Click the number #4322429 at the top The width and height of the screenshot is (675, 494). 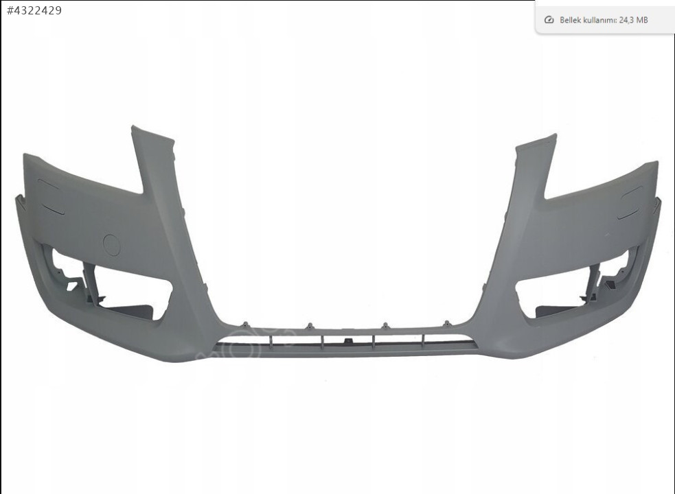[x=34, y=11]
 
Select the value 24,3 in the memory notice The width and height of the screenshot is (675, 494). [x=626, y=20]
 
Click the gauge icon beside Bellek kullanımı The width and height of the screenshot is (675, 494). [x=549, y=20]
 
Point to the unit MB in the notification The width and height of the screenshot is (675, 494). [x=642, y=20]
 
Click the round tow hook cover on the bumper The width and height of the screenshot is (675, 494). [x=112, y=245]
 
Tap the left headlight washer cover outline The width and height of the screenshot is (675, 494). [x=51, y=196]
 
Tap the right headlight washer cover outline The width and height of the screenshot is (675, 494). [x=630, y=202]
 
